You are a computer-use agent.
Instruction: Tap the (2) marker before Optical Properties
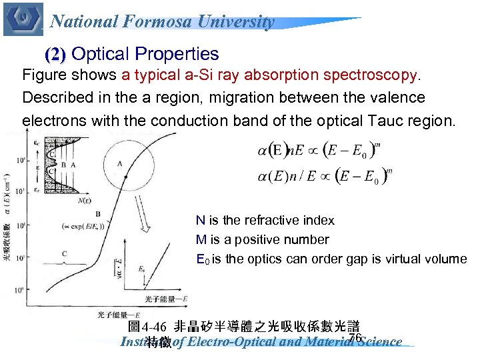[55, 55]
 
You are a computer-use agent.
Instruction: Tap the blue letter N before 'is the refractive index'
[200, 221]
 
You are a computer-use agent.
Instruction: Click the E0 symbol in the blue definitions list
[202, 259]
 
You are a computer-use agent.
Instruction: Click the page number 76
[355, 338]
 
